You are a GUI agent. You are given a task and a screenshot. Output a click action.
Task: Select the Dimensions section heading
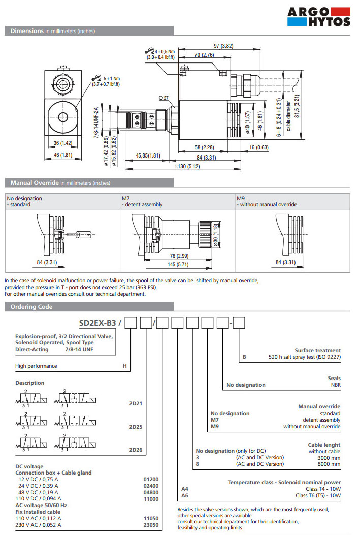point(27,31)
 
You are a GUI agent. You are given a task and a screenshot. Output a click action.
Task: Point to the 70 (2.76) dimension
point(204,55)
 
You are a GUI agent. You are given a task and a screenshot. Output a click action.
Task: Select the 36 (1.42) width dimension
point(63,143)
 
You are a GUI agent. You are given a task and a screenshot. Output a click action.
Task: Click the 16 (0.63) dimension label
point(258,147)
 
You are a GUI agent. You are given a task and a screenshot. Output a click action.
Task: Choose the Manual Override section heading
point(35,183)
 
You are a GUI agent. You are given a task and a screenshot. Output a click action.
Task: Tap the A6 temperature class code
point(185,495)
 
